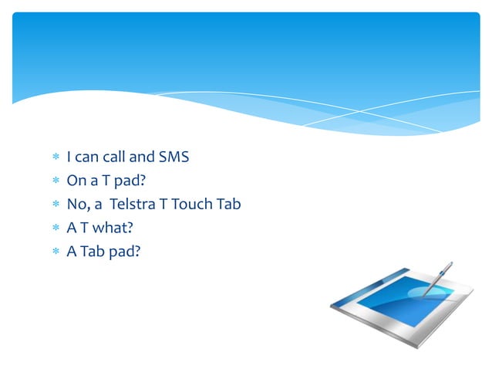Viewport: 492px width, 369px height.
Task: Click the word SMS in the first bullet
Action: (174, 157)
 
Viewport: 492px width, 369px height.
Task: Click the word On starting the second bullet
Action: (76, 181)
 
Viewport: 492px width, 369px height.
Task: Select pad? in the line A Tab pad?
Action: (125, 251)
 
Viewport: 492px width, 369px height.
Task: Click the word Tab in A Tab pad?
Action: (93, 251)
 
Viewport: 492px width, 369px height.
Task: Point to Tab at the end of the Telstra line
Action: (230, 205)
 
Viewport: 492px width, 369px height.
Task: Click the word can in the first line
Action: (86, 157)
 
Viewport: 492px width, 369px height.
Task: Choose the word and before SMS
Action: (141, 157)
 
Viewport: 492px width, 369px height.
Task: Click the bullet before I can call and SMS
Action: (55, 158)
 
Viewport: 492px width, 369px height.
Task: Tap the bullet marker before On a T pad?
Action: (55, 181)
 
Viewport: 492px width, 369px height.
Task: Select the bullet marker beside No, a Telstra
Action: (55, 205)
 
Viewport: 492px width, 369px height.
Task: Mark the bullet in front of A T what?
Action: (55, 229)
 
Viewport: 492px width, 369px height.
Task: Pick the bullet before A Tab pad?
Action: (55, 252)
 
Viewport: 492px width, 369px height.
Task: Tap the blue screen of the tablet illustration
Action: (393, 294)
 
